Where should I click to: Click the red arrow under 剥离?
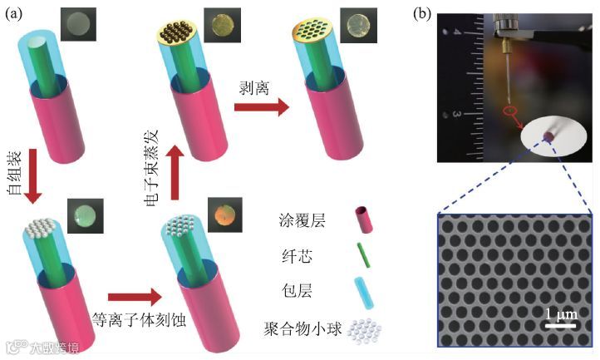coord(261,107)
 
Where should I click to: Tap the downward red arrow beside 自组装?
coord(32,175)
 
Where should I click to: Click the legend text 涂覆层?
coord(297,222)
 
